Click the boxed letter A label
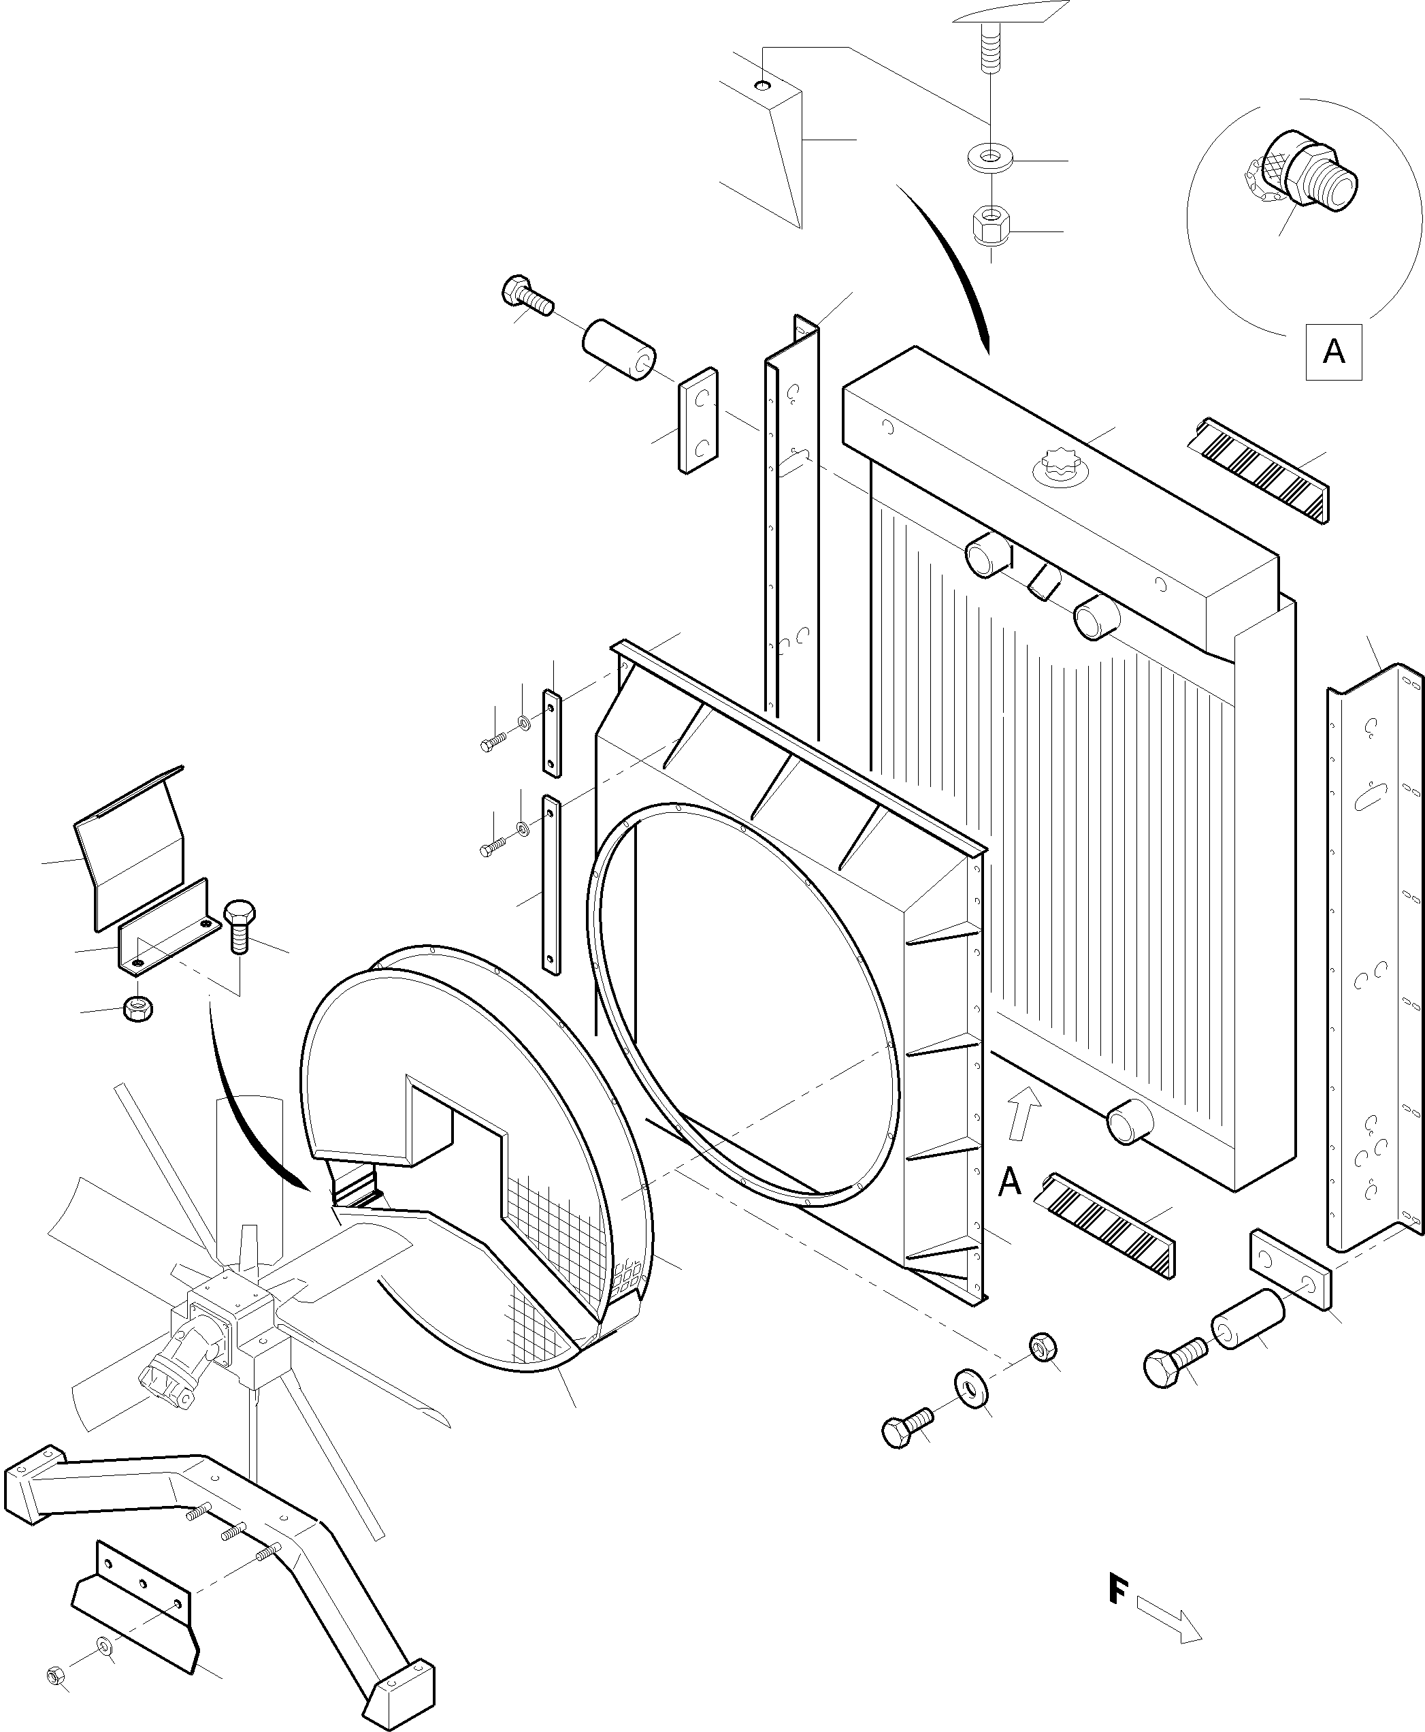pos(1333,352)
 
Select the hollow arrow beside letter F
pos(1169,1620)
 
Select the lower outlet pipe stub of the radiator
pos(1130,1122)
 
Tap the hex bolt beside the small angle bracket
pos(239,924)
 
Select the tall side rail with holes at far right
pos(1373,961)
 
